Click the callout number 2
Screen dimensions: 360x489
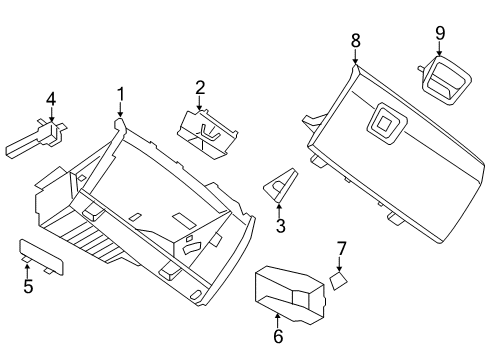pyautogui.click(x=200, y=88)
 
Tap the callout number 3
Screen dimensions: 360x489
pyautogui.click(x=281, y=226)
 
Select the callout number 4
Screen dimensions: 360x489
pyautogui.click(x=50, y=98)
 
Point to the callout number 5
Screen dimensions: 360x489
pyautogui.click(x=29, y=288)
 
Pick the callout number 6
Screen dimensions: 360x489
pyautogui.click(x=278, y=337)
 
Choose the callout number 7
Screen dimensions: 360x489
pyautogui.click(x=341, y=247)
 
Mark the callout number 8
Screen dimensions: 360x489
pyautogui.click(x=354, y=41)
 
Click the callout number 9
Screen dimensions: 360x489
pyautogui.click(x=439, y=32)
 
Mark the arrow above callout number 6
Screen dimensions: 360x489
pyautogui.click(x=278, y=319)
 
